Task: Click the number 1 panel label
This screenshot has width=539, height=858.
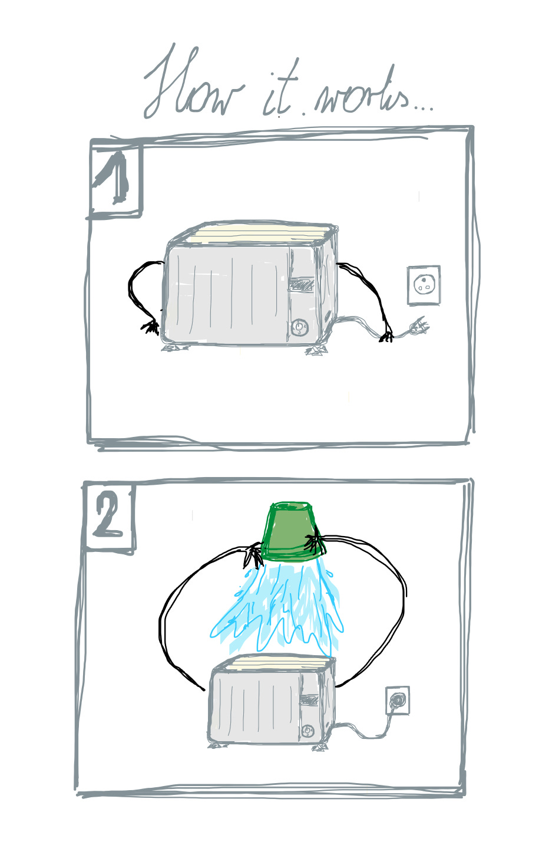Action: coord(115,178)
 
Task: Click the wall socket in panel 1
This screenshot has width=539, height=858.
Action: coord(424,285)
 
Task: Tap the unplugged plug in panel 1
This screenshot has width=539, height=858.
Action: coord(419,327)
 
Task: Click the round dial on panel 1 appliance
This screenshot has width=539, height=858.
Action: coord(299,327)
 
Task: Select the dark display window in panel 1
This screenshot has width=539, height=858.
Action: coord(301,285)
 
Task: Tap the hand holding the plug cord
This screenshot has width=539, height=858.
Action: coord(386,336)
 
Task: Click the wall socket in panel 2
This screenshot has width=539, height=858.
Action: coord(398,700)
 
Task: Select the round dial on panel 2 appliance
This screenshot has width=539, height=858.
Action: coord(307,731)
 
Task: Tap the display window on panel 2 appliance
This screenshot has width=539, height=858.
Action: coord(309,700)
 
